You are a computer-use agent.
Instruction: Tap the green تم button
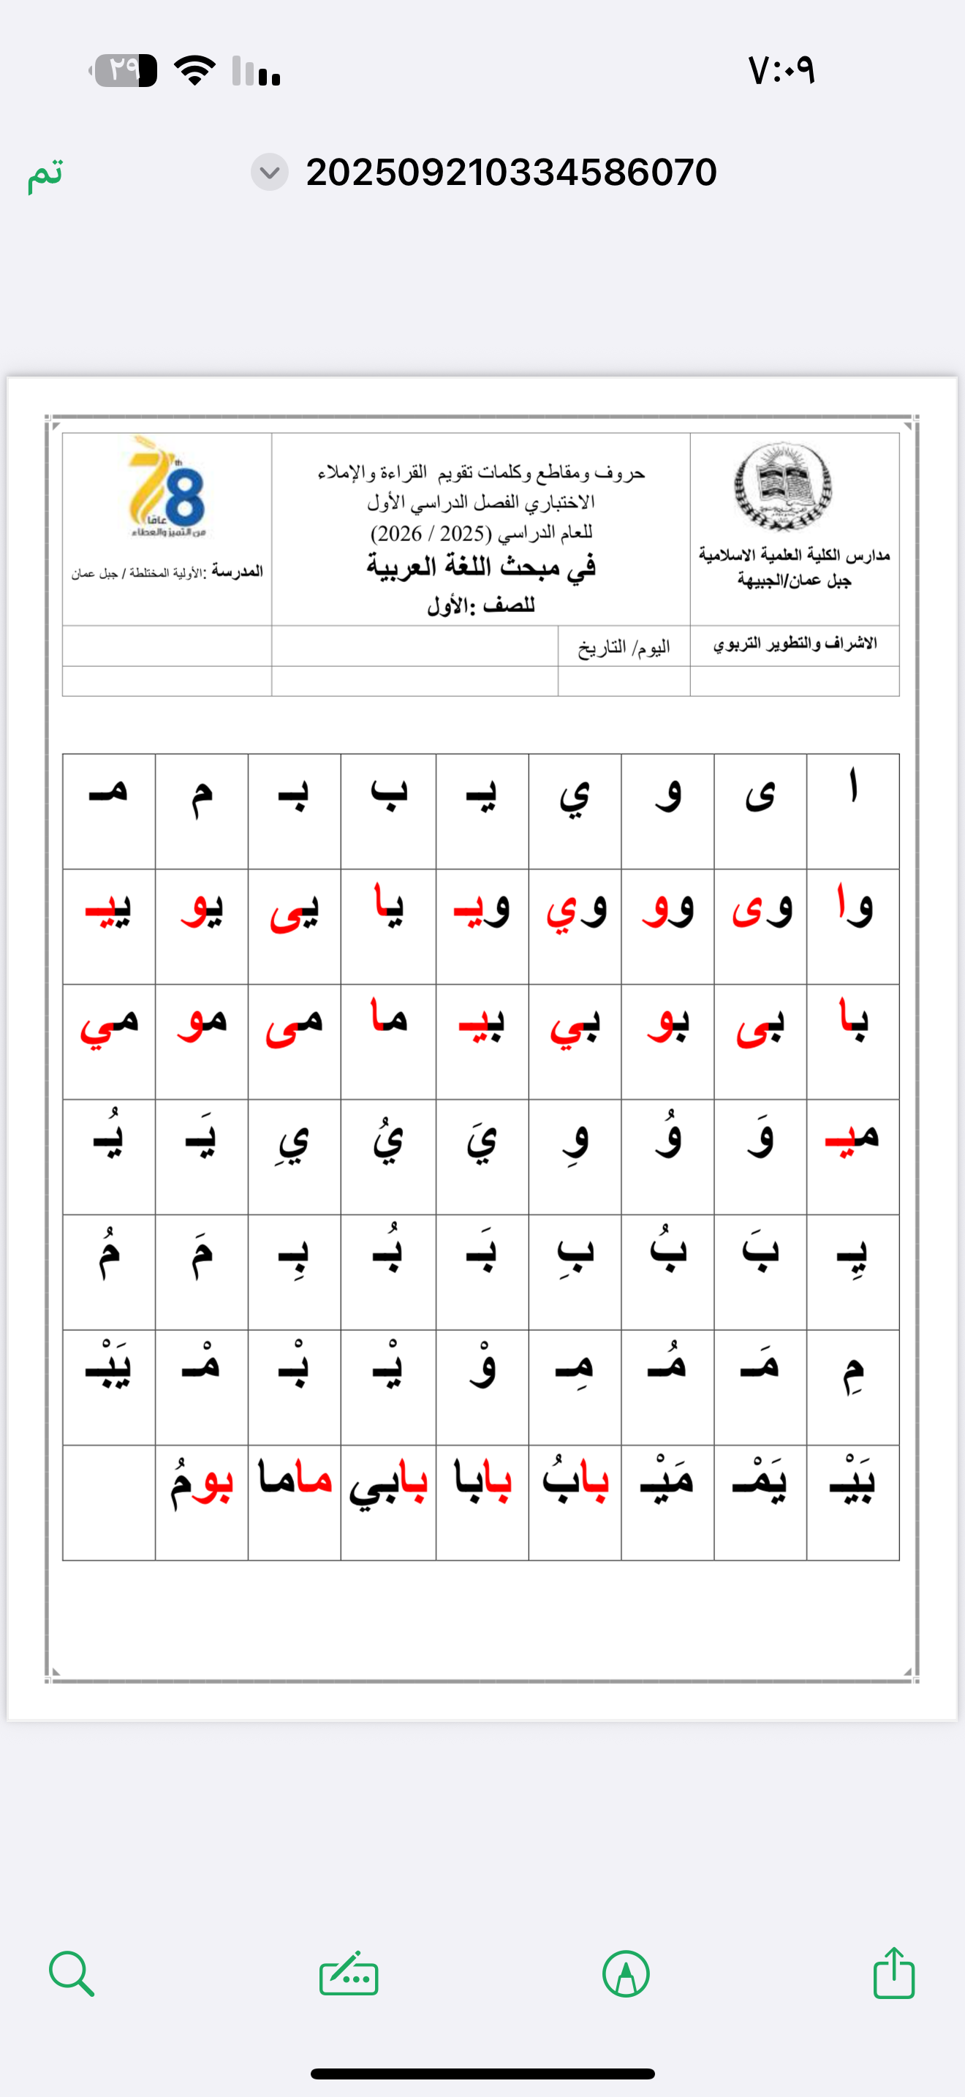[x=45, y=173]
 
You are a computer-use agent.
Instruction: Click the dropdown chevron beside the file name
[x=269, y=172]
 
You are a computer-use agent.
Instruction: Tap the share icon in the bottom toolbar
[x=893, y=1973]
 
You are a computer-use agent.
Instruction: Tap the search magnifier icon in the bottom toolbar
[x=72, y=1973]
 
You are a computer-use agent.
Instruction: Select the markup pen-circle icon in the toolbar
[x=626, y=1974]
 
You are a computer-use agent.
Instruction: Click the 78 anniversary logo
[x=167, y=487]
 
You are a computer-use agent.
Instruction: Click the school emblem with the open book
[x=783, y=487]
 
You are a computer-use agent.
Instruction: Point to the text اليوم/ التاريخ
[x=624, y=647]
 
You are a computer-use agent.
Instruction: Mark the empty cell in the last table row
[x=109, y=1502]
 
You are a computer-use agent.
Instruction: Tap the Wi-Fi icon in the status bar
[x=194, y=70]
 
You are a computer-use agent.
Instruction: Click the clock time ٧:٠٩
[x=781, y=71]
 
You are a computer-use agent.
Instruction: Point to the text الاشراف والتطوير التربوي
[x=795, y=644]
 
